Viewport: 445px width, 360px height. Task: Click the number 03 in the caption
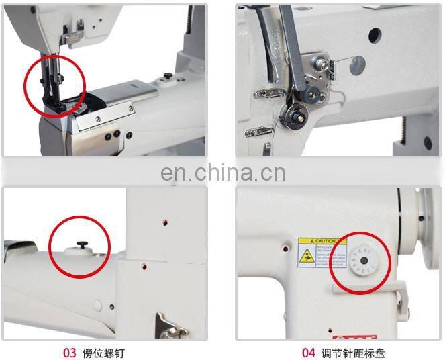(69, 353)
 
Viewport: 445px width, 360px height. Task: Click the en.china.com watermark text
(223, 173)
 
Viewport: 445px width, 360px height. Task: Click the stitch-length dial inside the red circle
(362, 259)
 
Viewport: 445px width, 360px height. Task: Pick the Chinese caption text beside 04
(352, 353)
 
